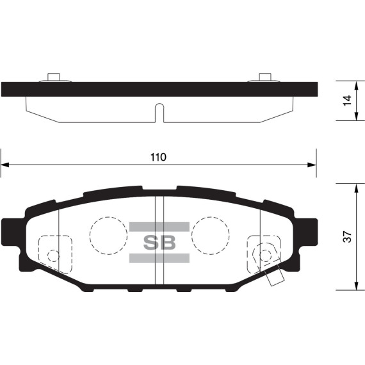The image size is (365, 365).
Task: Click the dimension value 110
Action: coord(158,157)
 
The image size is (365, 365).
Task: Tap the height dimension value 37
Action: coord(346,238)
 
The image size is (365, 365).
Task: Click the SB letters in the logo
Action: coord(159,242)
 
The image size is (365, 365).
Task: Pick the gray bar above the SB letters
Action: coord(159,227)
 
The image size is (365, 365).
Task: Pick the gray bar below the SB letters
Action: coord(159,257)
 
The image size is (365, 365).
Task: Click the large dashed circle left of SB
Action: coord(108,234)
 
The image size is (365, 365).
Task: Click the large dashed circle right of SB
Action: coord(210,234)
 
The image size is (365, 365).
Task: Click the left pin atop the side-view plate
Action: coord(54,77)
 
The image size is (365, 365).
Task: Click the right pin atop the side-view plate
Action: coord(264,77)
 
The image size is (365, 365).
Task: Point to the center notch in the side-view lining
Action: coord(159,111)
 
